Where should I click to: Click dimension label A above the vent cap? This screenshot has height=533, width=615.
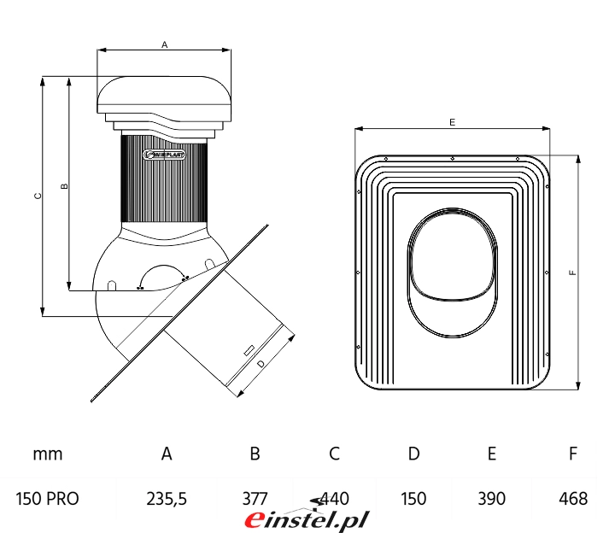[x=164, y=44]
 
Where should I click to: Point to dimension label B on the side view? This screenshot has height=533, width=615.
[x=65, y=184]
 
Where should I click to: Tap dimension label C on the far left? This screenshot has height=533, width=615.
[x=37, y=196]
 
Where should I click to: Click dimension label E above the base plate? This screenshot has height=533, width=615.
[x=452, y=122]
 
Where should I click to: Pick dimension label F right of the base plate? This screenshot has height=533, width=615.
[x=573, y=272]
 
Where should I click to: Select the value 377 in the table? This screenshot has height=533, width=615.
[x=255, y=499]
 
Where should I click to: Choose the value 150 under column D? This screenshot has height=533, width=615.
[x=413, y=499]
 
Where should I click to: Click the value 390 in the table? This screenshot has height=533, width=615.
[x=492, y=499]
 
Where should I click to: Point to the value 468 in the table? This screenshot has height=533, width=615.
[x=573, y=499]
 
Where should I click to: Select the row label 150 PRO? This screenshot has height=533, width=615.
[x=48, y=499]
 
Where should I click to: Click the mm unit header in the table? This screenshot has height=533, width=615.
[x=48, y=454]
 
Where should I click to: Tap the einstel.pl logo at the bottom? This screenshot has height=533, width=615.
[x=307, y=518]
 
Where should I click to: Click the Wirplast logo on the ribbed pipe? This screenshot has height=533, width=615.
[x=162, y=155]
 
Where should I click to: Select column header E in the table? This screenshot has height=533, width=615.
[x=492, y=454]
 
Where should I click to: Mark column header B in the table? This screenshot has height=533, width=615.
[x=255, y=454]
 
